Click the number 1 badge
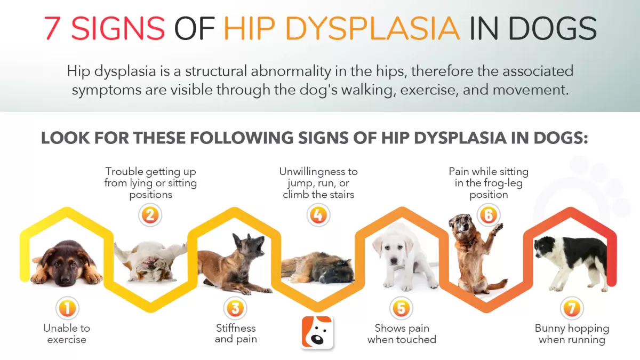(67, 308)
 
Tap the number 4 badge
(318, 215)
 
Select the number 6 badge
(489, 215)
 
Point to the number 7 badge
(572, 308)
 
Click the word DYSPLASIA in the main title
(372, 29)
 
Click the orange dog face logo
(317, 332)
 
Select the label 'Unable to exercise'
(67, 334)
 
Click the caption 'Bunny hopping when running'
(572, 334)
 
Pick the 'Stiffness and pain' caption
(236, 333)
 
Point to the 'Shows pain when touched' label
(402, 334)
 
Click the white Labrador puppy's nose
(394, 261)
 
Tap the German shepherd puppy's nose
(66, 277)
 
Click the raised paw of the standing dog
(498, 228)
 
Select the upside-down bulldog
(150, 261)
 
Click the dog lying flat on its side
(318, 267)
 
